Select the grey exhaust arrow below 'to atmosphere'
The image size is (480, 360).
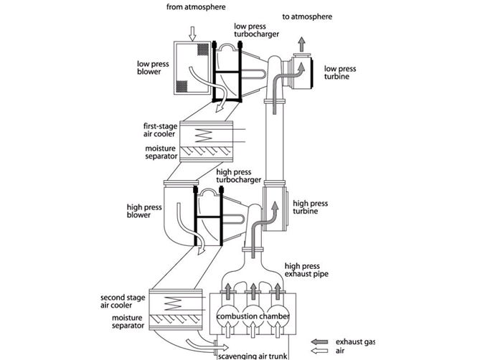(301, 44)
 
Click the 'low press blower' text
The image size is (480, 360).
(153, 67)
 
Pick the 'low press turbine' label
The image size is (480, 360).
(342, 73)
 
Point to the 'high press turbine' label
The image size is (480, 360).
(310, 208)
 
